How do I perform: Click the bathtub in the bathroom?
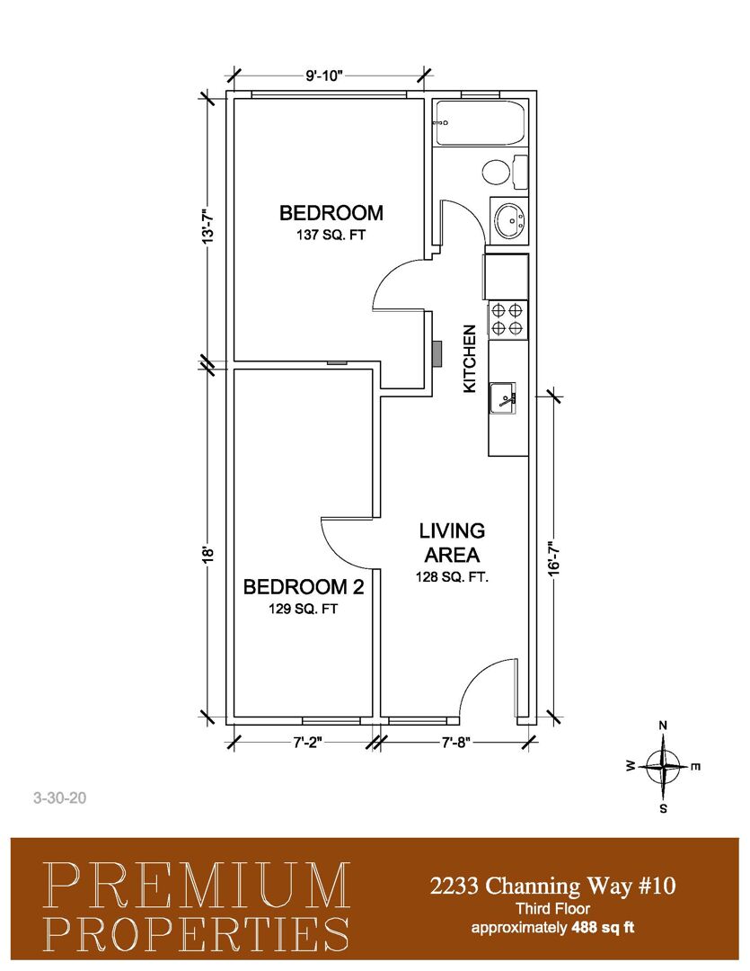click(480, 122)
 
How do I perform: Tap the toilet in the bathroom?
click(504, 172)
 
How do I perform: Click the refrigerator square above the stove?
click(507, 277)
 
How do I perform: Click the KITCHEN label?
click(471, 359)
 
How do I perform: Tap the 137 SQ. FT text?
click(331, 236)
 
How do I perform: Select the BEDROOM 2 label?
click(304, 586)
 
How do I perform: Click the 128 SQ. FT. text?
click(452, 578)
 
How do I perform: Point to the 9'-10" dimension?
click(324, 76)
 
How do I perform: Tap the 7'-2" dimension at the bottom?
click(307, 742)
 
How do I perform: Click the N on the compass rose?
click(663, 726)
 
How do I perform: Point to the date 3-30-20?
click(60, 797)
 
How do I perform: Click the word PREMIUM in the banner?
click(197, 886)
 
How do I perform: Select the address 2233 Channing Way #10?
click(552, 886)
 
